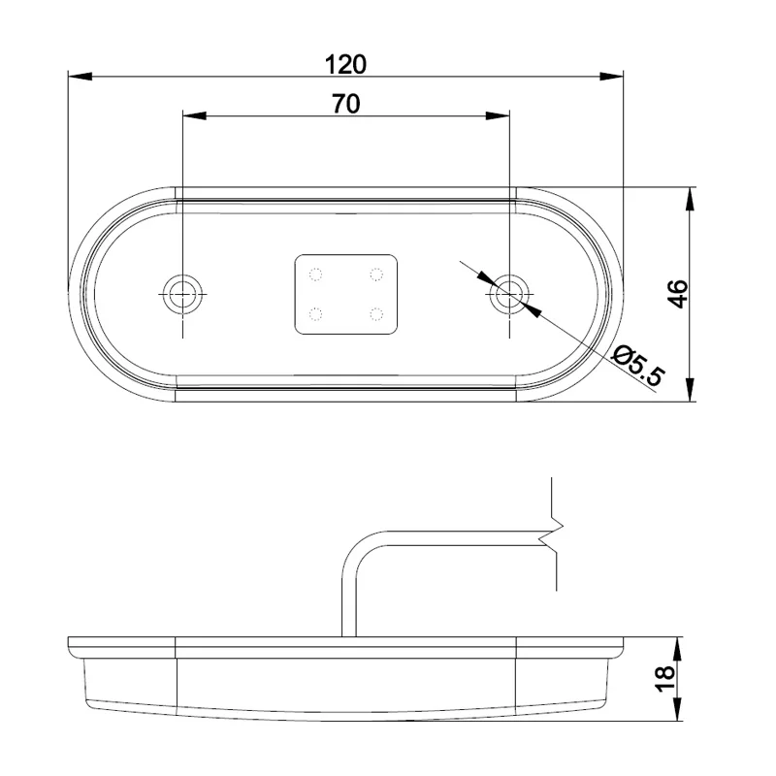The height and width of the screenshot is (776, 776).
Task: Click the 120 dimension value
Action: coord(345,64)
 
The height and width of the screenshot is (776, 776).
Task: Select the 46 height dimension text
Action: coord(678,293)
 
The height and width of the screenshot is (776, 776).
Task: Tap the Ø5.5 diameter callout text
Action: coord(638,367)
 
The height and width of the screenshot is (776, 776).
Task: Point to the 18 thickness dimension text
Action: coord(665,679)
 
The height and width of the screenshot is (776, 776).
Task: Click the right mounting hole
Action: coord(508,293)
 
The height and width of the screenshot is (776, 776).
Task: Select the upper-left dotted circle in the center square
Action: coord(314,274)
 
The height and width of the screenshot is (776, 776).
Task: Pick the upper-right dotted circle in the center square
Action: coord(375,274)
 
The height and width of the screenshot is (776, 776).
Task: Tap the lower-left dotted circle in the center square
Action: coord(314,313)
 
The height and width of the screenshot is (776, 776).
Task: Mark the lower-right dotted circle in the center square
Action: coord(375,313)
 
